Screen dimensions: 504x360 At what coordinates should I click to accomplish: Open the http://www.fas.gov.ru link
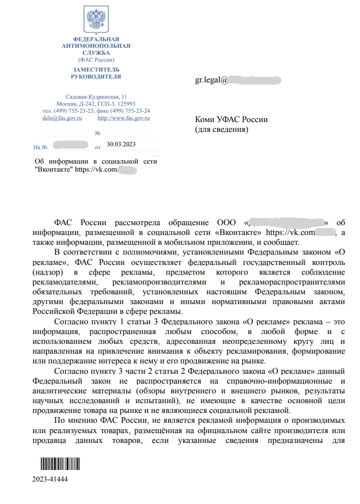pyautogui.click(x=123, y=118)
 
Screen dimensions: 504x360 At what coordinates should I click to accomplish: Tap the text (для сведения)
pyautogui.click(x=222, y=130)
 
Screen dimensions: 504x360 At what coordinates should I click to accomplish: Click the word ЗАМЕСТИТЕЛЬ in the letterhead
pyautogui.click(x=96, y=69)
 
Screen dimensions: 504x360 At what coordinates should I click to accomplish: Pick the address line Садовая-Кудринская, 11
pyautogui.click(x=96, y=96)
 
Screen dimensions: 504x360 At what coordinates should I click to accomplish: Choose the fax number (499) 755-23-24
pyautogui.click(x=132, y=110)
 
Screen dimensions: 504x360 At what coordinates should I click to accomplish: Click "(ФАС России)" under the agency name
pyautogui.click(x=96, y=59)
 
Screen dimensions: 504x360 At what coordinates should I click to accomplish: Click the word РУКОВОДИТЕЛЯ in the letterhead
pyautogui.click(x=96, y=76)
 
